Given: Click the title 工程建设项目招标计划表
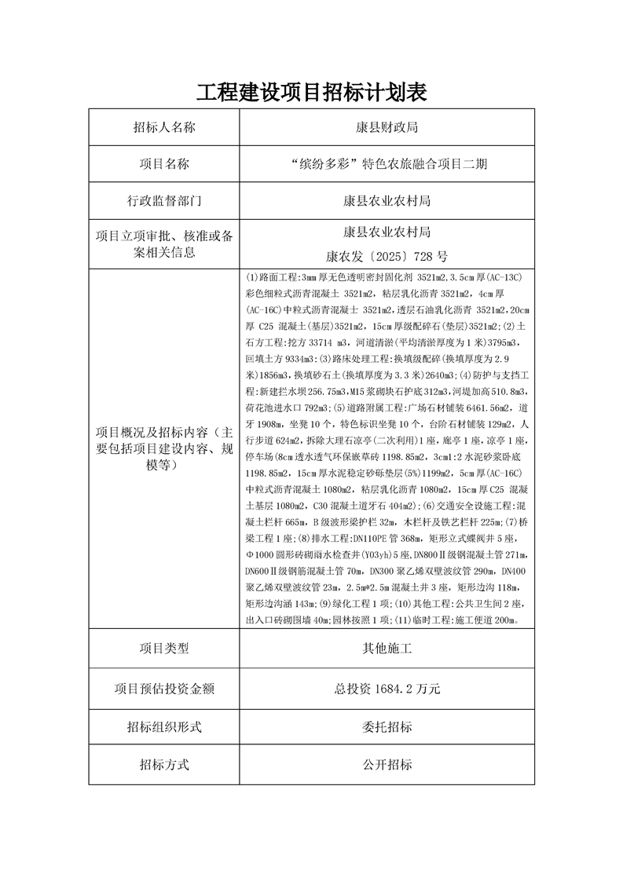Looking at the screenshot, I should pyautogui.click(x=311, y=93).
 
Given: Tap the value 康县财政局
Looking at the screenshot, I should pyautogui.click(x=387, y=127).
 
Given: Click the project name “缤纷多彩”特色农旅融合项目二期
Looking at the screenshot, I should pyautogui.click(x=387, y=163).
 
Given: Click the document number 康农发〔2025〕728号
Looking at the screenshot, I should pyautogui.click(x=387, y=256).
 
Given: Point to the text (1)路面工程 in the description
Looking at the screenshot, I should pyautogui.click(x=272, y=277).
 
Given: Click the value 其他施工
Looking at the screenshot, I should pyautogui.click(x=387, y=649).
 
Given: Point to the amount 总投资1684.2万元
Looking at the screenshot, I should pyautogui.click(x=387, y=689).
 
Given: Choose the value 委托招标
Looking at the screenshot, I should pyautogui.click(x=387, y=727).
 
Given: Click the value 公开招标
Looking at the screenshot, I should pyautogui.click(x=387, y=764).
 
